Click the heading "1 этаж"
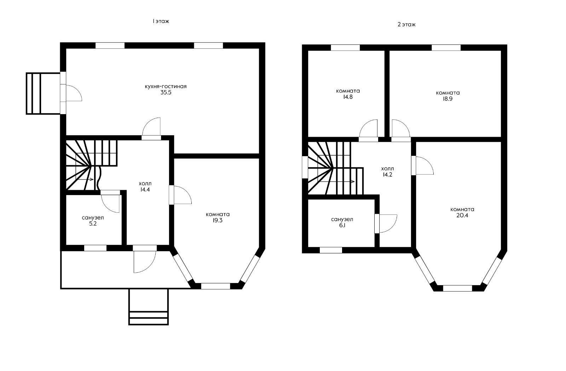click(161, 21)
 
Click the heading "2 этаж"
click(406, 24)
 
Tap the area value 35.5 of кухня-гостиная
click(166, 92)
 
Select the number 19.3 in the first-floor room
click(218, 220)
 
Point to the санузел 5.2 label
click(93, 220)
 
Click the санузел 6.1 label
click(342, 222)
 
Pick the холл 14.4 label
click(145, 187)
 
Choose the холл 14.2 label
click(387, 171)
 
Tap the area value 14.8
click(348, 97)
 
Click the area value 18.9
click(447, 99)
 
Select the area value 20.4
click(462, 216)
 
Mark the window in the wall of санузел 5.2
click(95, 248)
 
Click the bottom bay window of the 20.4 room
click(458, 288)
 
